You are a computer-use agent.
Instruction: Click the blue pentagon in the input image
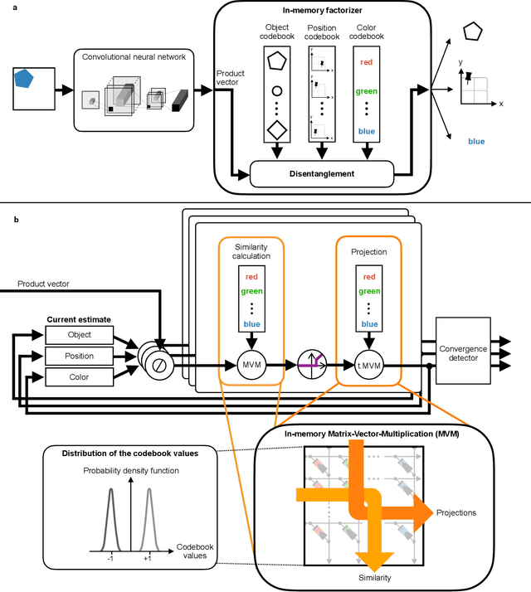click(x=25, y=80)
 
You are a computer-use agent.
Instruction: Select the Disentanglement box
click(x=320, y=173)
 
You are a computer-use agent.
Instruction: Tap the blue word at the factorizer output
click(x=476, y=141)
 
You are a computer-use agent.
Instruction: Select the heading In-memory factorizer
click(x=320, y=9)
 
